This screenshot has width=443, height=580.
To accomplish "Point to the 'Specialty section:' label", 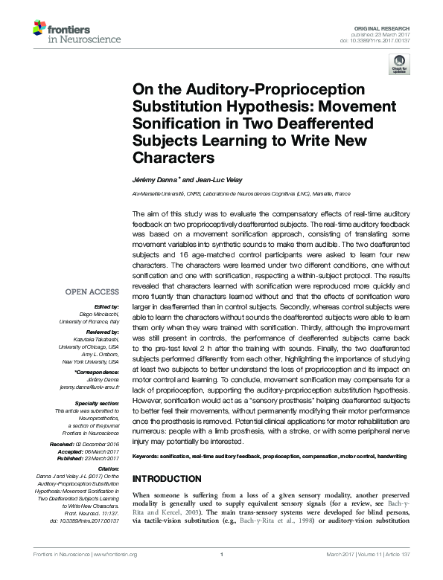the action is (95, 402).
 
